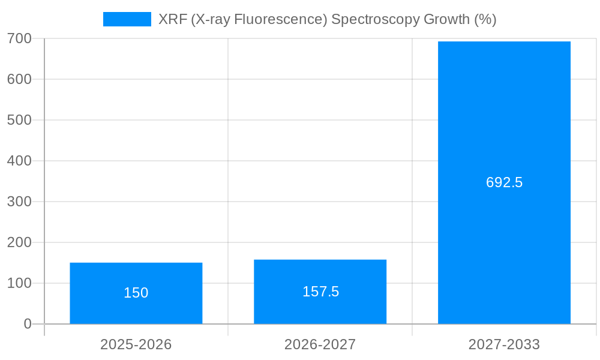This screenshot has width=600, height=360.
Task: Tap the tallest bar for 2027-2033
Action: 504,120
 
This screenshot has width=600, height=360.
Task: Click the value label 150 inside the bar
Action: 136,293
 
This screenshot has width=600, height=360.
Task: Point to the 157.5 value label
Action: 320,292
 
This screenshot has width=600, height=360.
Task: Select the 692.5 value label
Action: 504,182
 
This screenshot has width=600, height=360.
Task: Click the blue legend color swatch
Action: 127,19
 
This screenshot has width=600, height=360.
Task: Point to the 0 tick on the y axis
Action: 28,324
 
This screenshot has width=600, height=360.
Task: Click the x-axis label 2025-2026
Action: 136,344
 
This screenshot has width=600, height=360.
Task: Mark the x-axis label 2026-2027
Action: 320,344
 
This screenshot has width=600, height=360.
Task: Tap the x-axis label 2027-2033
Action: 504,344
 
